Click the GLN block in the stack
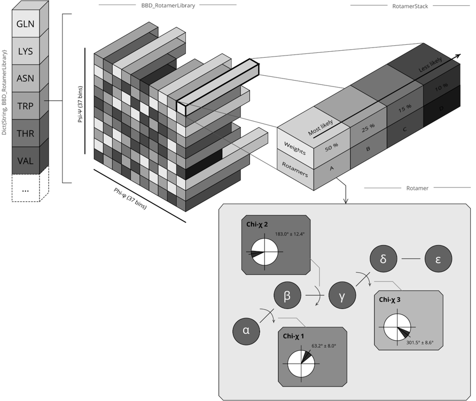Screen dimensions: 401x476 tap(25, 24)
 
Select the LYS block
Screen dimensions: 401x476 tap(25, 52)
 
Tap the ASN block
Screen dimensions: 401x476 tap(25, 79)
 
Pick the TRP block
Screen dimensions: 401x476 tap(25, 106)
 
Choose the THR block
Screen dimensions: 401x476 tap(25, 133)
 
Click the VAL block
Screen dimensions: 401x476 tap(25, 161)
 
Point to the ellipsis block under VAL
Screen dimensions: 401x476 tap(25, 189)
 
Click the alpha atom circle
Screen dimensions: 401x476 tap(246, 330)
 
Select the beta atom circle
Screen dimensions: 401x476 tap(287, 295)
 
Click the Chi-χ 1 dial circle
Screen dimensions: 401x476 tap(301, 363)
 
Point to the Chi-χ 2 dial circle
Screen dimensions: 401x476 tap(264, 251)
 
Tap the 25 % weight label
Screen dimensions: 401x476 tap(366, 129)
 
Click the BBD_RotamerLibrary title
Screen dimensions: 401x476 tap(167, 5)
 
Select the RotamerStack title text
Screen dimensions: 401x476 tap(409, 6)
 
